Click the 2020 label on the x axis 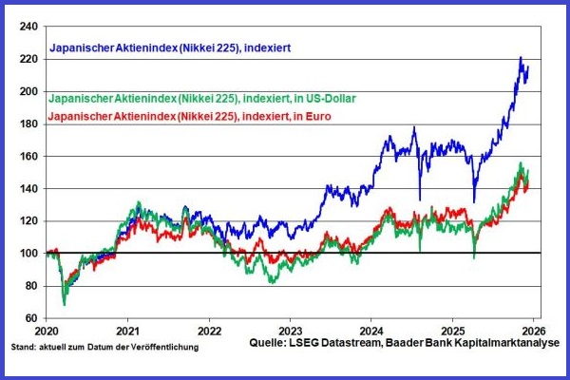47,332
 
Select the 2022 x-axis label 209,332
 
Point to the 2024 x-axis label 370,332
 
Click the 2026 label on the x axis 531,332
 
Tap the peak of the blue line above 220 521,58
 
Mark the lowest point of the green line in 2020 65,304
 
